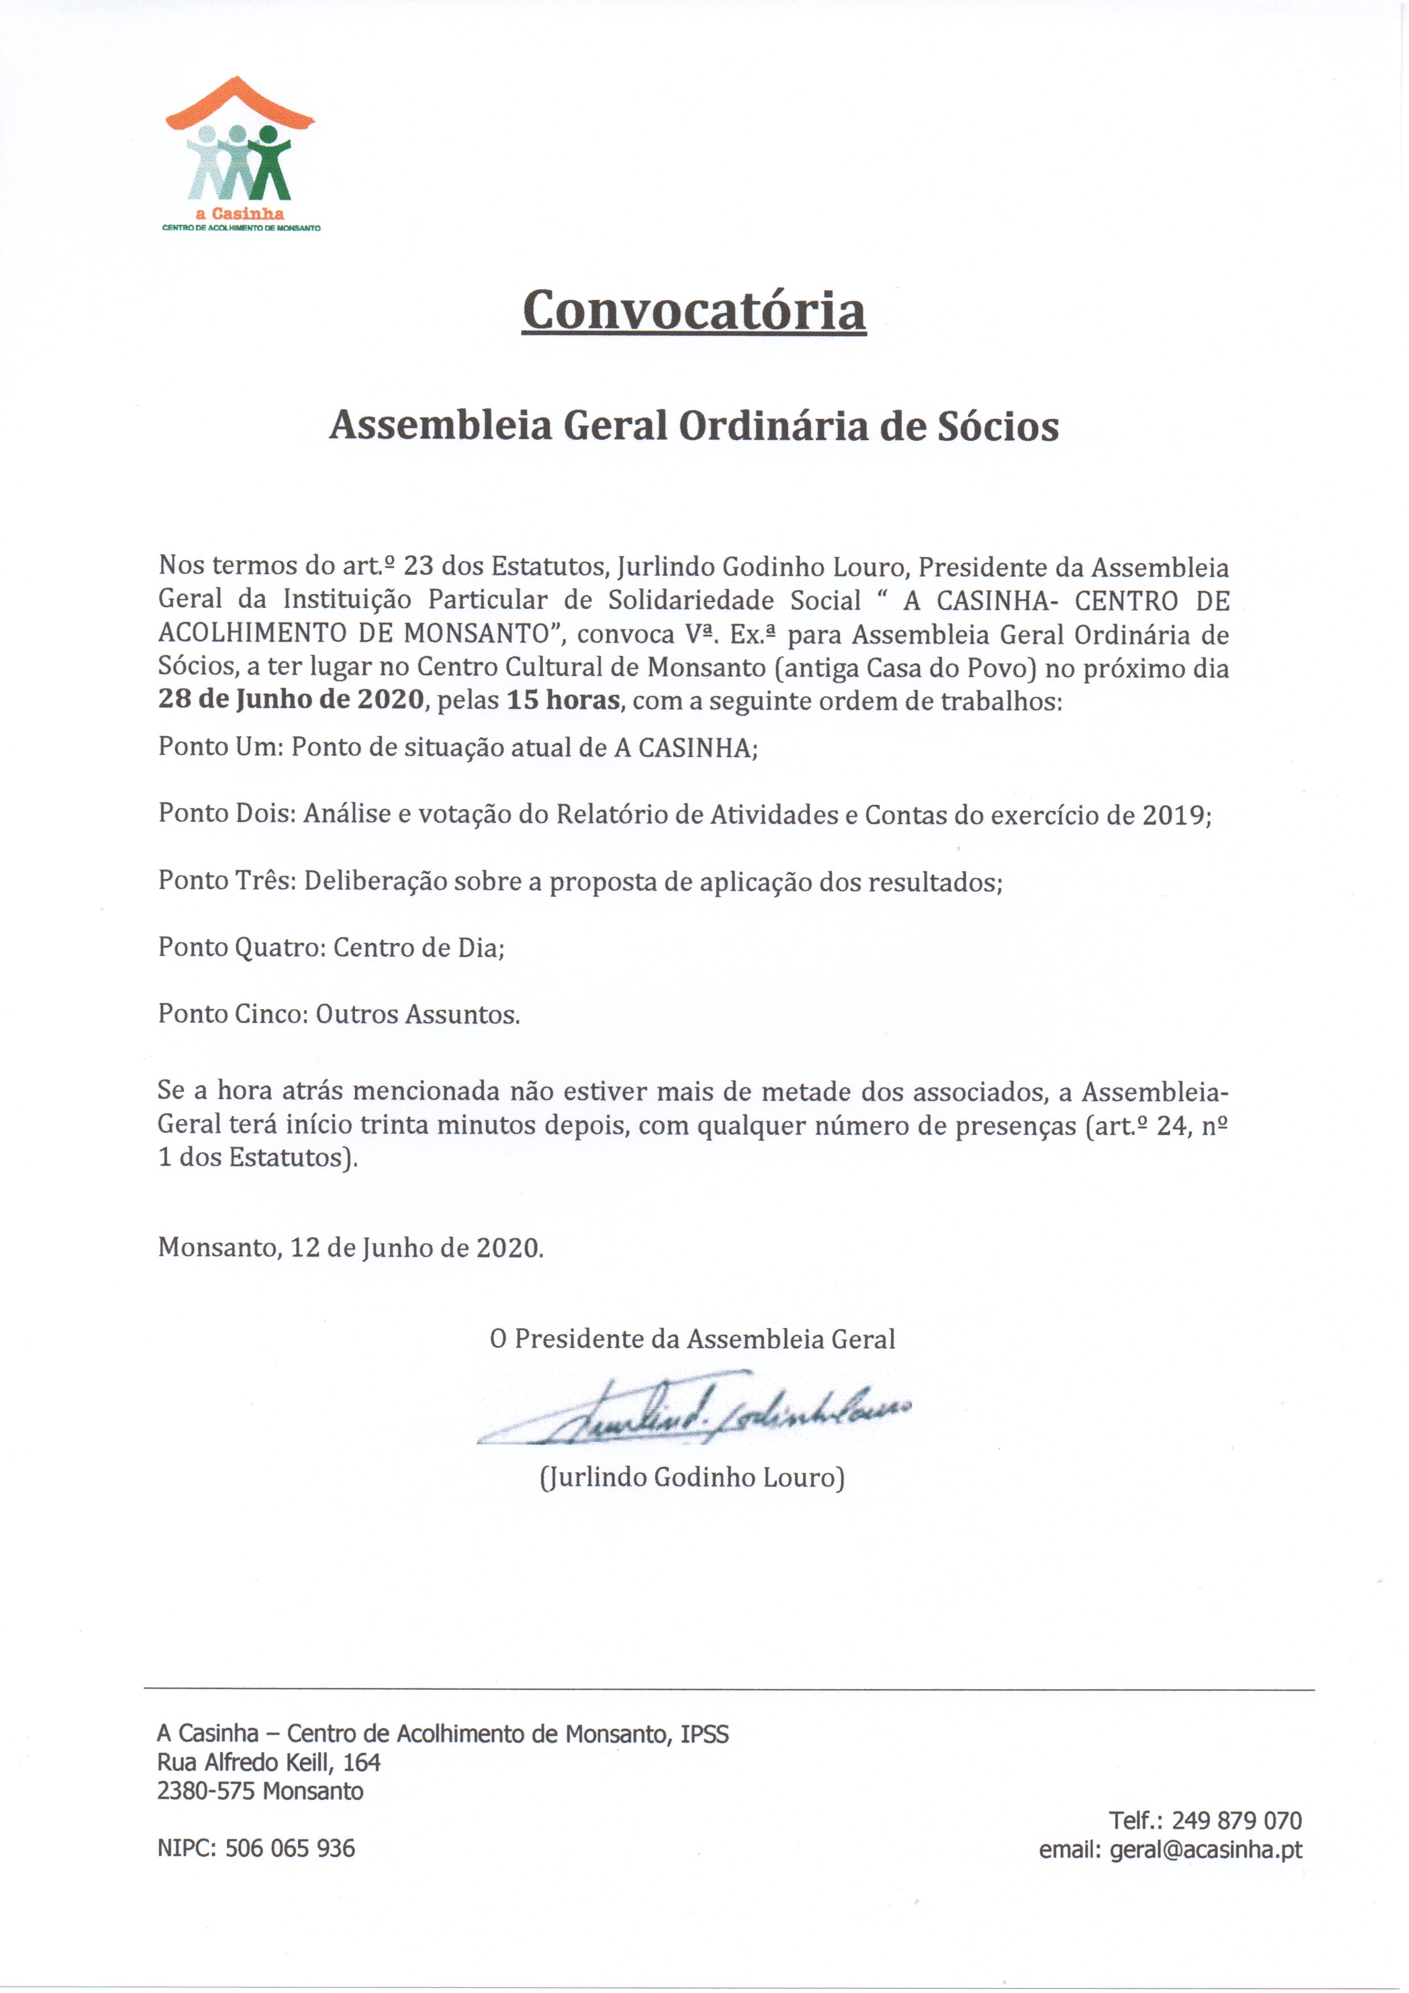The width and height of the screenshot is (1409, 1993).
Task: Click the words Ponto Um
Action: click(217, 747)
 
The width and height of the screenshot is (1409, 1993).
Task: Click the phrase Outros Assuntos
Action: click(417, 1014)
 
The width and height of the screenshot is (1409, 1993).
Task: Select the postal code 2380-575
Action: click(207, 1791)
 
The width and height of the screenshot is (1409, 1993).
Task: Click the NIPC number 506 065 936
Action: click(290, 1848)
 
